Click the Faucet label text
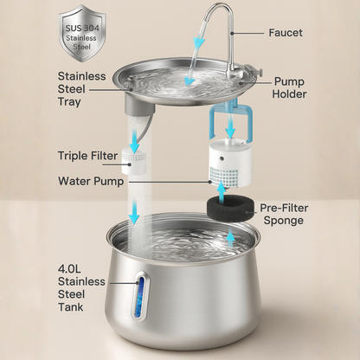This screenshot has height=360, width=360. (286, 33)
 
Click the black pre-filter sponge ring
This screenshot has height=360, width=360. (229, 208)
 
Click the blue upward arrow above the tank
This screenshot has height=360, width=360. (229, 235)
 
